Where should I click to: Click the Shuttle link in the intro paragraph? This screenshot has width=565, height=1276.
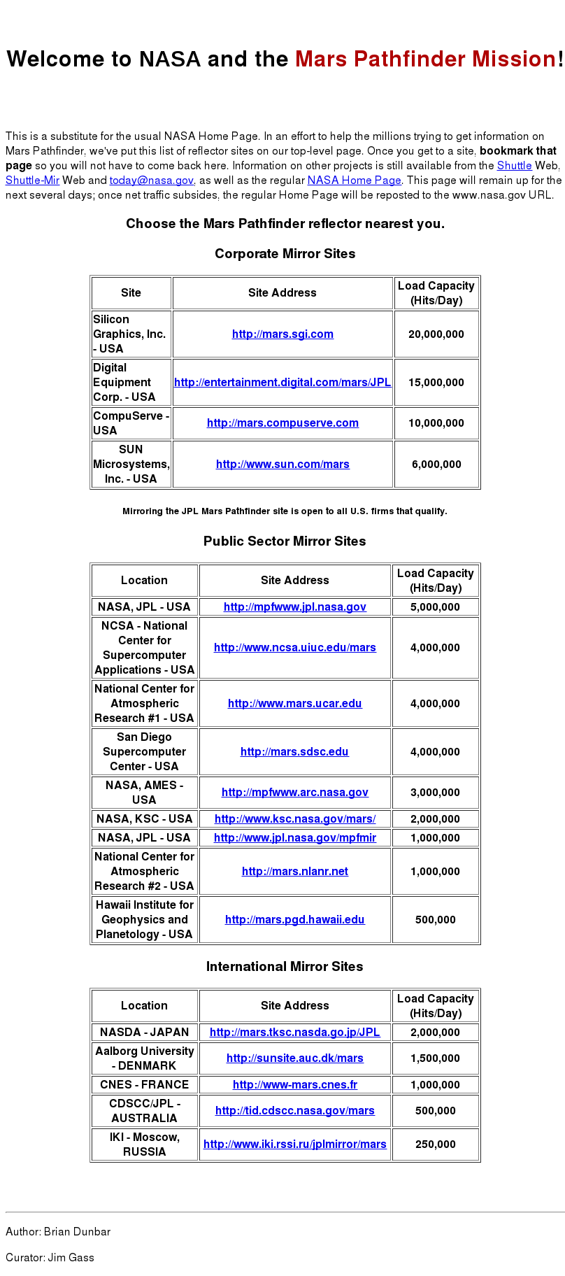coord(514,166)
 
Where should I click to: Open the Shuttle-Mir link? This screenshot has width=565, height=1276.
coord(32,180)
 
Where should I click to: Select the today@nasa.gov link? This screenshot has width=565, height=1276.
coord(151,180)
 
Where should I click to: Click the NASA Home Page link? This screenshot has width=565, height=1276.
coord(354,180)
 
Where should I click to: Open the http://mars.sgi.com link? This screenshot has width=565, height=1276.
coord(282,334)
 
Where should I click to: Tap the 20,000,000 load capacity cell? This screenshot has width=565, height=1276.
coord(436,334)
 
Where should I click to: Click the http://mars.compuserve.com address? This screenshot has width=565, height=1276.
coord(282,423)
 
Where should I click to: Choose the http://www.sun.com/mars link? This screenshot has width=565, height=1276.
coord(282,465)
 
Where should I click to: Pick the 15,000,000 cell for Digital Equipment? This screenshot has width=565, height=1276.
coord(436,383)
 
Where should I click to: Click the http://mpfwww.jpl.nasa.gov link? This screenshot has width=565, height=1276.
coord(294,607)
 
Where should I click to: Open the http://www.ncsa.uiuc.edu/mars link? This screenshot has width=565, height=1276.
coord(294,648)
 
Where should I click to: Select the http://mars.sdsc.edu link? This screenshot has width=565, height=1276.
coord(294,752)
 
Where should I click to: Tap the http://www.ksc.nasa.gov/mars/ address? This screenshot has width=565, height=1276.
coord(294,819)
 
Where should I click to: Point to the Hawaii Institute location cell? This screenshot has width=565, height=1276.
coord(144,920)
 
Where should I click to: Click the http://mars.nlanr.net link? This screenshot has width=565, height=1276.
coord(294,872)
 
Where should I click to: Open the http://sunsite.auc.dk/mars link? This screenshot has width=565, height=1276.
coord(294,1058)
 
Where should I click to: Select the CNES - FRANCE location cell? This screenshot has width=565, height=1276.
coord(144,1085)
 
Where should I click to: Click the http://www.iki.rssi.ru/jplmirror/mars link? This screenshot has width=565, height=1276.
coord(294,1144)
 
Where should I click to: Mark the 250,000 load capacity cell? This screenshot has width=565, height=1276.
coord(435,1144)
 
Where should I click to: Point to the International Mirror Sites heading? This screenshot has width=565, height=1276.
coord(285,967)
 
